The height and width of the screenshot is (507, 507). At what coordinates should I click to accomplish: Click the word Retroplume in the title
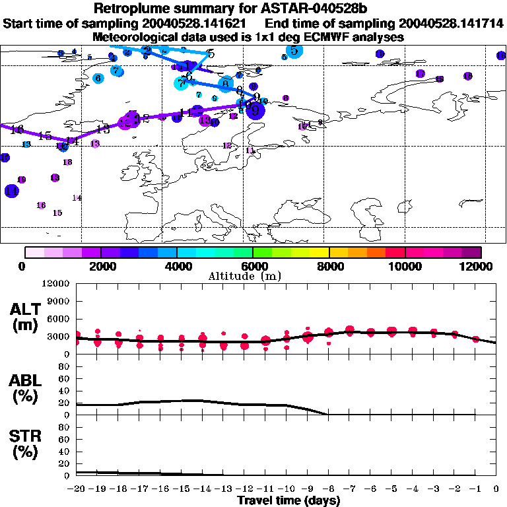coord(131,9)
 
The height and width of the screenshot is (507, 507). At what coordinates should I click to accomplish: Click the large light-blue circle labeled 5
coord(294,51)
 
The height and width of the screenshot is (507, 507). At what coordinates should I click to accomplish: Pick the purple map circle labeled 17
coord(420,73)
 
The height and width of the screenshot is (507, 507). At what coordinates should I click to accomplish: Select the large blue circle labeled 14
coord(11,191)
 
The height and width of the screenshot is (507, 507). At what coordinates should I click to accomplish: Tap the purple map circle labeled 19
coord(21,180)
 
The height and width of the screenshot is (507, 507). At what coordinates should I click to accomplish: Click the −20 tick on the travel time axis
coord(77,489)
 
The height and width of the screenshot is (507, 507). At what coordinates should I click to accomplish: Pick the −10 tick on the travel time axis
coord(286,489)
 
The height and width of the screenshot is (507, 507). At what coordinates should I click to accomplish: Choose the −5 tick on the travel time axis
coord(391,489)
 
